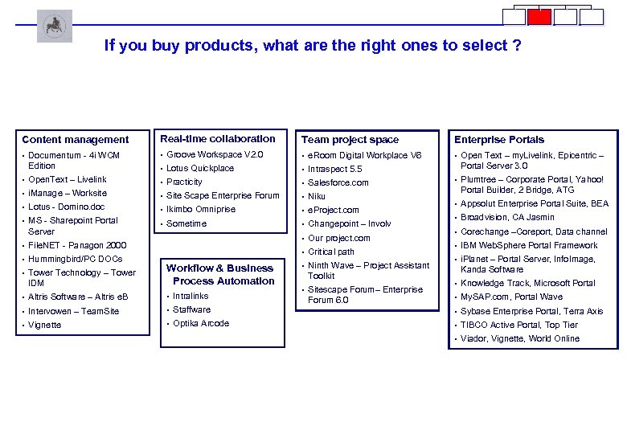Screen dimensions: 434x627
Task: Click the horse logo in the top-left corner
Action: coord(54,26)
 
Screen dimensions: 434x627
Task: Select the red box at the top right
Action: coord(539,17)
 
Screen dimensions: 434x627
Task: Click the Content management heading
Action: coord(76,140)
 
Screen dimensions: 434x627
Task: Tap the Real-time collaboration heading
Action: coord(218,139)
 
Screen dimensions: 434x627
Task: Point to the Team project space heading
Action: coord(350,140)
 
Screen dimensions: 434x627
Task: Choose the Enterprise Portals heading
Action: coord(499,140)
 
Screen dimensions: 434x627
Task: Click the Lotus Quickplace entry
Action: coord(200,168)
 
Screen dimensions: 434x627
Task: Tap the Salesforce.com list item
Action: coord(338,182)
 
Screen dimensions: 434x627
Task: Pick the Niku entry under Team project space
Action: coord(317,196)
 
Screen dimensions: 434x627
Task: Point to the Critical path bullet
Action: coord(331,252)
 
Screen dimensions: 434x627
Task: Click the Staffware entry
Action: coord(192,309)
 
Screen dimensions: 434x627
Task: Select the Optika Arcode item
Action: coord(201,323)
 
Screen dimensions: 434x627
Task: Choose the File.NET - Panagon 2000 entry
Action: coord(77,245)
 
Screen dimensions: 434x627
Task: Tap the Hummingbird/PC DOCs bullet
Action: coord(76,259)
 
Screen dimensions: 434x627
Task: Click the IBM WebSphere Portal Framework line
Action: coord(529,245)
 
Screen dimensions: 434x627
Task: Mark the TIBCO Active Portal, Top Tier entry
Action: coord(519,325)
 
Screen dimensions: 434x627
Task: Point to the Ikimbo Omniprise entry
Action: coord(201,209)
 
